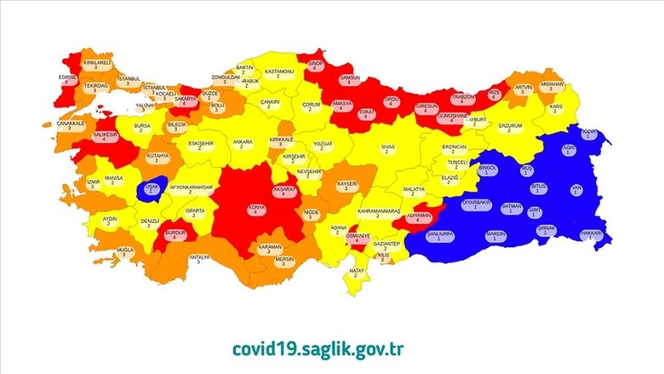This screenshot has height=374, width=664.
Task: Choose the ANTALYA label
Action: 198,258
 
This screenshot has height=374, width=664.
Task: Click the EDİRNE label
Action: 68,81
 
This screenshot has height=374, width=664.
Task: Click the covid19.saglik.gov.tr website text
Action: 331,348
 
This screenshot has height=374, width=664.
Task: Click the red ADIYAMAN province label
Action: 419,217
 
